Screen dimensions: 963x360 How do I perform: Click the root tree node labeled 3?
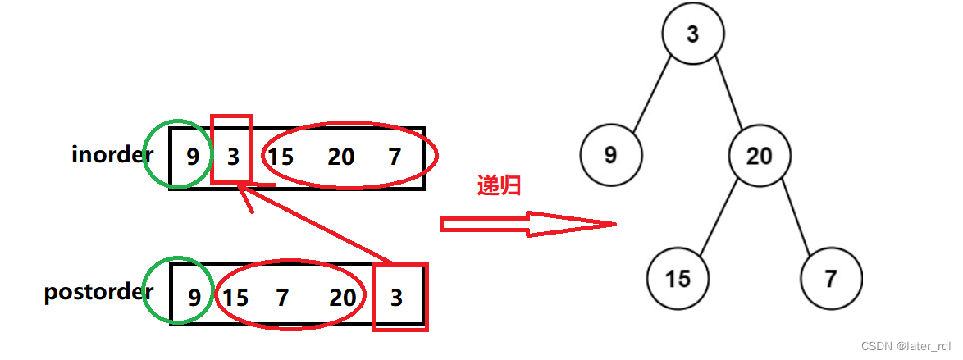693,35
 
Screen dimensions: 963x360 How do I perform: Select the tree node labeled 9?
610,155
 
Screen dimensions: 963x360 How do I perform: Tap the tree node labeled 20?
759,155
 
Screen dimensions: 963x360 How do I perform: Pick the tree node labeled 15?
678,279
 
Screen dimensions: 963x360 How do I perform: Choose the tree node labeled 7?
830,279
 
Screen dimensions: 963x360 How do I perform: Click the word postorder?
98,291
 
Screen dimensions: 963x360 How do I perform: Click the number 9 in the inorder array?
192,156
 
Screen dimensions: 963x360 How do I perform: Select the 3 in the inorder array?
233,156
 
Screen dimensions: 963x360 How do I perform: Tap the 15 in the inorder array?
281,156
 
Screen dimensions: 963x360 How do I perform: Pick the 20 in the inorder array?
340,156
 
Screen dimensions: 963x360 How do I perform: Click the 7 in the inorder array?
395,156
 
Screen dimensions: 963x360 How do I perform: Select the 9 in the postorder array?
194,297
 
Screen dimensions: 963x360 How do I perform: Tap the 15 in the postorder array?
235,297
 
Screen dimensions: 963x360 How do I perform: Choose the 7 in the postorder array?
283,297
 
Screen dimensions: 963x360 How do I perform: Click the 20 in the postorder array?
343,297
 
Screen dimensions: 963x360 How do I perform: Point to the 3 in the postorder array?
397,297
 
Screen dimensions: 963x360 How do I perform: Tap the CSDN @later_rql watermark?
901,348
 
